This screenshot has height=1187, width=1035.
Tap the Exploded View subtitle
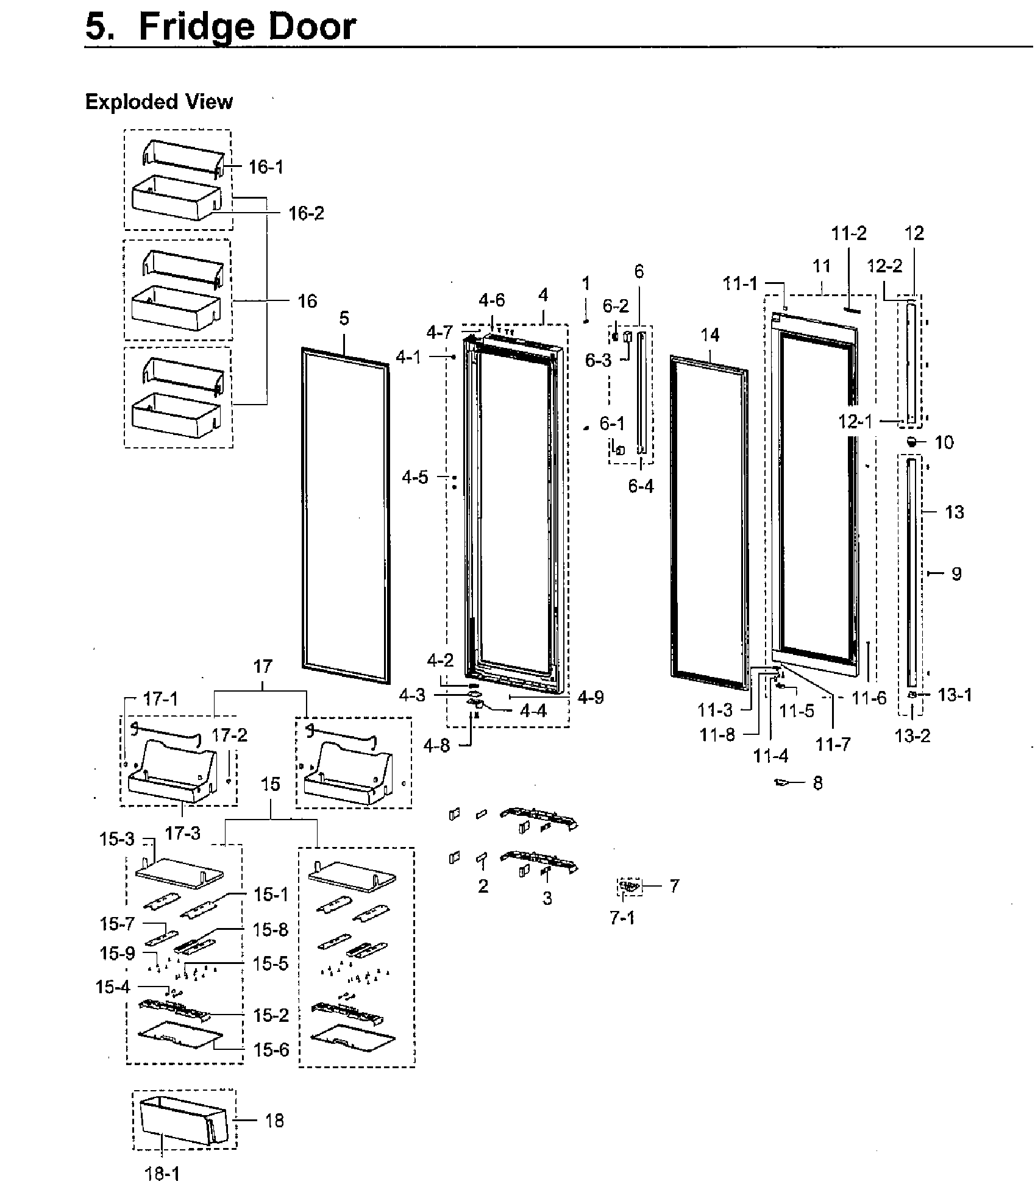(158, 102)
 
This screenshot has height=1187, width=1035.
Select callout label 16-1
(266, 167)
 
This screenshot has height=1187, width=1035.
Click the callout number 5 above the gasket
(344, 318)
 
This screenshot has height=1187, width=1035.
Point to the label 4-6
(491, 300)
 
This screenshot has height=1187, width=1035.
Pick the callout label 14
(710, 335)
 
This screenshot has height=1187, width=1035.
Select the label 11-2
(849, 233)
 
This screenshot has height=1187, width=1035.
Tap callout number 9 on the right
(956, 573)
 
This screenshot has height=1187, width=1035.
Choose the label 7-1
(622, 918)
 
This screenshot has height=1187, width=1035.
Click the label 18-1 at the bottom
(163, 1173)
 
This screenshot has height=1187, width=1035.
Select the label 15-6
(271, 1050)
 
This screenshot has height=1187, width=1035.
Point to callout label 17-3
(183, 832)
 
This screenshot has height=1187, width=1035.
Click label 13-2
(912, 736)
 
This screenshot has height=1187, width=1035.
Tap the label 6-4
(641, 486)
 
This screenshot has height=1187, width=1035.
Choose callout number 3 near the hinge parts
(547, 898)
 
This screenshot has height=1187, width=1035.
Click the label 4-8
(436, 745)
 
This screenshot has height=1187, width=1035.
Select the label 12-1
(855, 420)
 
